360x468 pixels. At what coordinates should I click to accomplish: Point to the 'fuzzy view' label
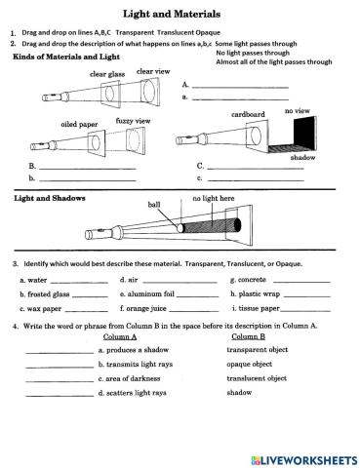(x=133, y=121)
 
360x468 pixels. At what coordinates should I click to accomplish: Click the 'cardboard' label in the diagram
(x=248, y=114)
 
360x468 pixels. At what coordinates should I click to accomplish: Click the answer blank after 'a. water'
(x=85, y=281)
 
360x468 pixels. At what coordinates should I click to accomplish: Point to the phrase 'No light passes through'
(x=253, y=53)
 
